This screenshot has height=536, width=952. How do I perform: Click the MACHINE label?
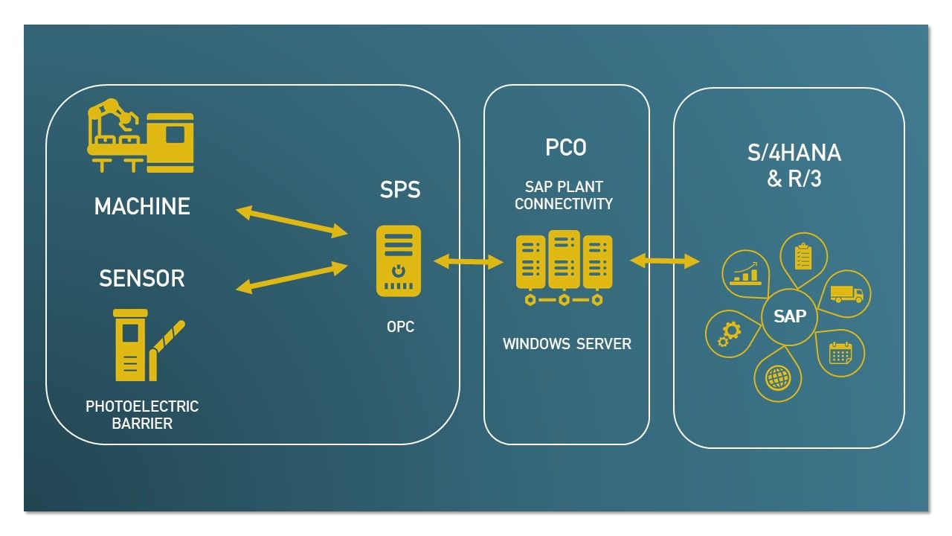[142, 206]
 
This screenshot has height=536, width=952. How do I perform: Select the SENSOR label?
[142, 278]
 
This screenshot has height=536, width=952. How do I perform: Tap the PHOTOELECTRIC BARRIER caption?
[142, 415]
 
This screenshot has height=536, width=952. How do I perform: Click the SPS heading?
[400, 190]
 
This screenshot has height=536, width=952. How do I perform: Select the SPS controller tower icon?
[399, 261]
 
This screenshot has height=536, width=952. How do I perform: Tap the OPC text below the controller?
[400, 327]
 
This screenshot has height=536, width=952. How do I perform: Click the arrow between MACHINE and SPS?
[292, 223]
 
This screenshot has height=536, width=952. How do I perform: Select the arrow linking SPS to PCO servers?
[469, 261]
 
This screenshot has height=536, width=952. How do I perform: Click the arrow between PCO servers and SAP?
[664, 261]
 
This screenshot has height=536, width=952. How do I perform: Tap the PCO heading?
[566, 148]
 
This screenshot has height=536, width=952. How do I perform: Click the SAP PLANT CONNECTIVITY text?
[564, 195]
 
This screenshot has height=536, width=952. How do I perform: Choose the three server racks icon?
[564, 268]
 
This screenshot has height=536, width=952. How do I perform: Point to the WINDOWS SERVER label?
[567, 344]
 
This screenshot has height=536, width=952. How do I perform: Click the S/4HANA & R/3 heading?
[794, 165]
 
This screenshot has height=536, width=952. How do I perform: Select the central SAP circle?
[789, 316]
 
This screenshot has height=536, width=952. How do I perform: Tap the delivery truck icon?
[846, 293]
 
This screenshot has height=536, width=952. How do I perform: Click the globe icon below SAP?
[777, 378]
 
